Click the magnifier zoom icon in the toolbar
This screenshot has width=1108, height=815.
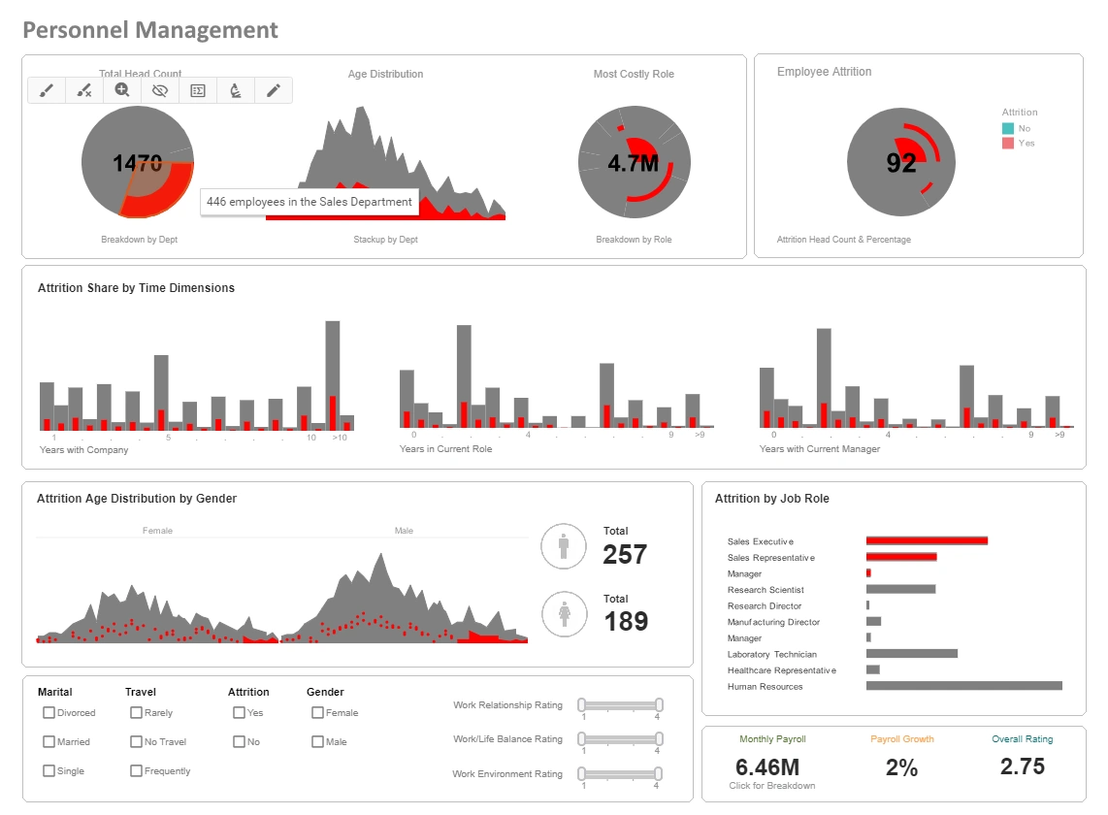point(122,90)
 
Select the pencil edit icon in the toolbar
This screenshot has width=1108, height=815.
point(274,90)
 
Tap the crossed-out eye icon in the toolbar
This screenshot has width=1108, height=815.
point(160,90)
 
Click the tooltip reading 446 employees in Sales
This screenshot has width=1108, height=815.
point(309,202)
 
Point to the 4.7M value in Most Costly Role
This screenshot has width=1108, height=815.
point(634,163)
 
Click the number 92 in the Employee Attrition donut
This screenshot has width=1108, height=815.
point(900,163)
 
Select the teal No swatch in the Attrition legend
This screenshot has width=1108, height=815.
point(1008,128)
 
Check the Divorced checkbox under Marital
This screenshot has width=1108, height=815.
point(49,712)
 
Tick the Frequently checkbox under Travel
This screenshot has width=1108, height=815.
point(136,770)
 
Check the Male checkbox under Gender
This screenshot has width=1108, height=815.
point(317,741)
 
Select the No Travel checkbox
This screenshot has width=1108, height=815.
point(136,741)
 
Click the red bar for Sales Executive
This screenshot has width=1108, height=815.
point(927,540)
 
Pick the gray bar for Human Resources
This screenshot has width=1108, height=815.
point(963,686)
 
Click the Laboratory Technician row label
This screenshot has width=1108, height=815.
point(772,654)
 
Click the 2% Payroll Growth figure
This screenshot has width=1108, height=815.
point(901,767)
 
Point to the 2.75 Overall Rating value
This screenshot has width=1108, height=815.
point(1022,766)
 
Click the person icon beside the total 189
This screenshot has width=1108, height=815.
point(564,614)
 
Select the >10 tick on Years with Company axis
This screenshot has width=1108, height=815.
point(339,438)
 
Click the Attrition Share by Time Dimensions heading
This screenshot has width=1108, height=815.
point(136,288)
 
